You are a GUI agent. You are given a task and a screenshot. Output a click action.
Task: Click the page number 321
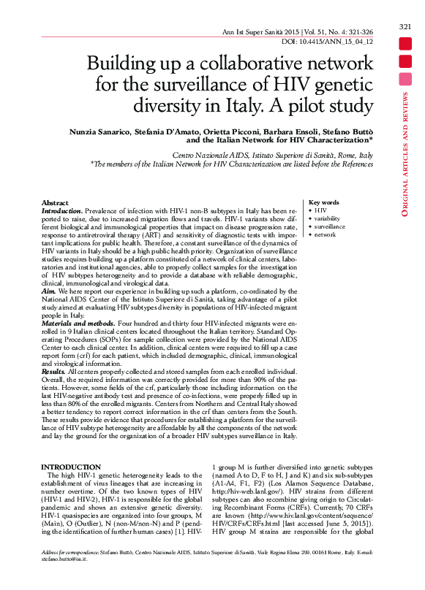click(x=405, y=27)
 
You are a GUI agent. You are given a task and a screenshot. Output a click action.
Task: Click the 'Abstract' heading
click(x=55, y=202)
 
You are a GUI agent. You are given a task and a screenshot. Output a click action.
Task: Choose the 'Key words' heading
click(x=323, y=202)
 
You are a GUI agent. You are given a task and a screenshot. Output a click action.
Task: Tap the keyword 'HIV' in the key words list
click(x=320, y=210)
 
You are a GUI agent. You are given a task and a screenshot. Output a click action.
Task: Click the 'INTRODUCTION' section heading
click(x=71, y=467)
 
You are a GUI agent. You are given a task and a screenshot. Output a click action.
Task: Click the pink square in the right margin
click(x=405, y=79)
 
